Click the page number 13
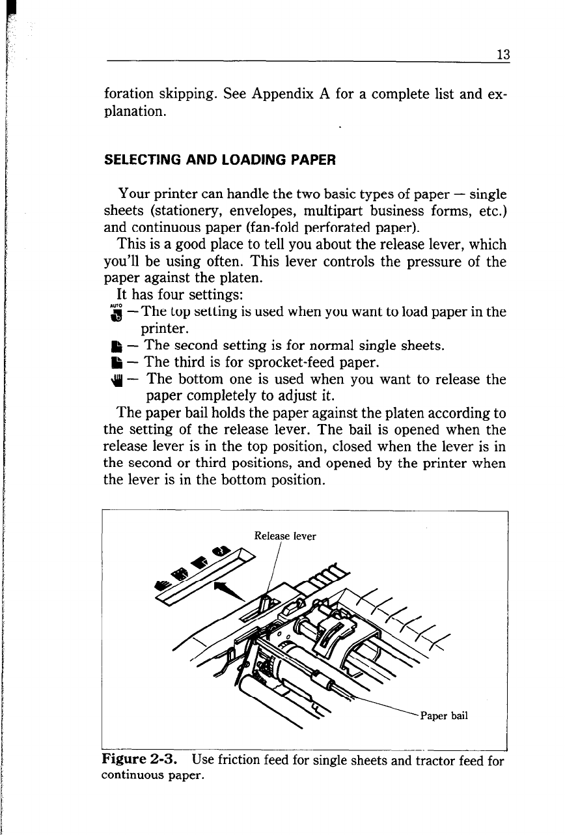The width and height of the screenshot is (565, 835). pyautogui.click(x=502, y=55)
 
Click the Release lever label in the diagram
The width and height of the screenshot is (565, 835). pyautogui.click(x=285, y=536)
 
